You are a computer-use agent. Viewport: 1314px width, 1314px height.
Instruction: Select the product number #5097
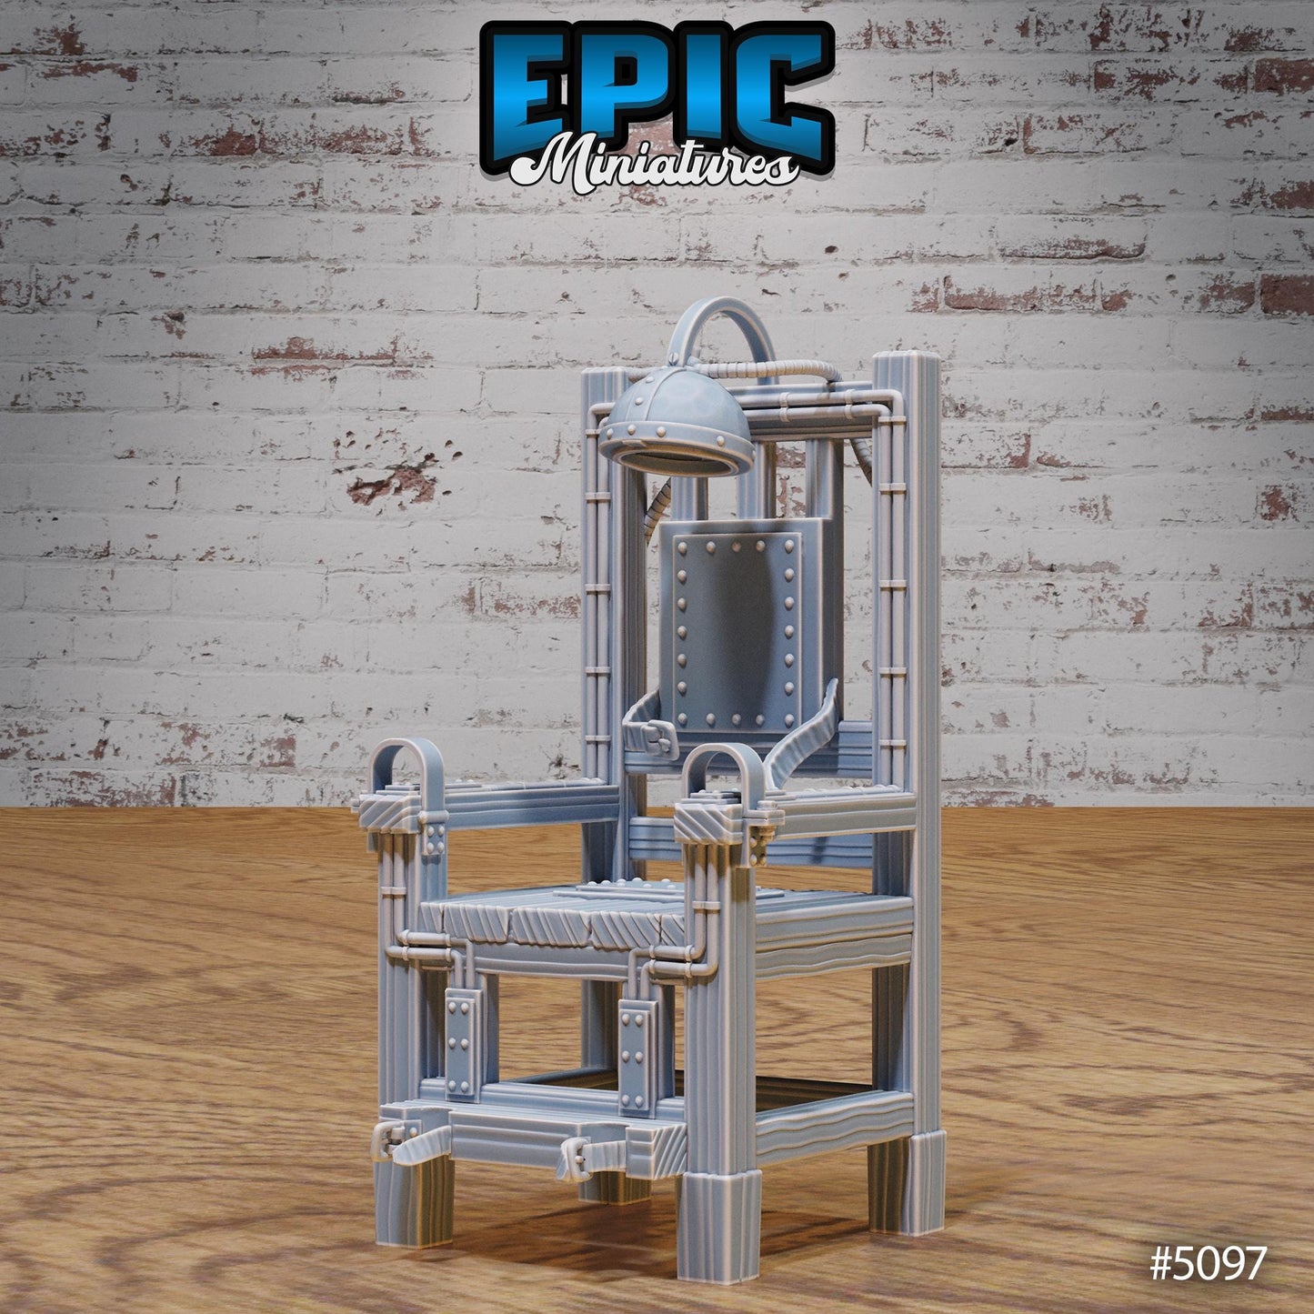[1207, 1263]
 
